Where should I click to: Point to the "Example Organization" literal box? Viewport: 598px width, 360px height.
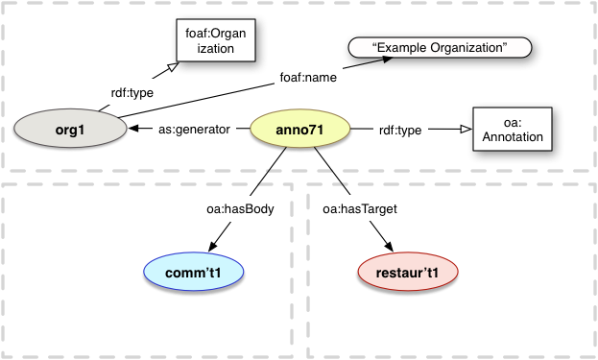pyautogui.click(x=438, y=46)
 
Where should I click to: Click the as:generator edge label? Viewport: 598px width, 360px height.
pyautogui.click(x=196, y=129)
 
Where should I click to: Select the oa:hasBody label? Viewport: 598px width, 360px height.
pyautogui.click(x=229, y=206)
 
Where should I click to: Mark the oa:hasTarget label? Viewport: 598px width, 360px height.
pyautogui.click(x=354, y=206)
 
